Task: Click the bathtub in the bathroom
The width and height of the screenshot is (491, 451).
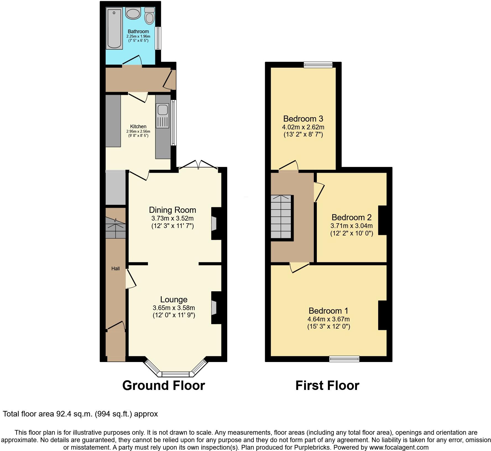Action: [114, 29]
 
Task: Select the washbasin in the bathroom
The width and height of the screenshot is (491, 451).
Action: [134, 13]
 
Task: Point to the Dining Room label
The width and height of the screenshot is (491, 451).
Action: [173, 210]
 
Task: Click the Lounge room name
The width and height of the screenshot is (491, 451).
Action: [174, 300]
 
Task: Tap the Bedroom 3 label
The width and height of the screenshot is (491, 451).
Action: [303, 119]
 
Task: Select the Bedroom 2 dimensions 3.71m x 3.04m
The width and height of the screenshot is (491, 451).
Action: [352, 226]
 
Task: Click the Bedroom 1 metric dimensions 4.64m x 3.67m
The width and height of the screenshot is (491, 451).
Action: [328, 319]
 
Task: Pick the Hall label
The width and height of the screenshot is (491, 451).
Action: [116, 268]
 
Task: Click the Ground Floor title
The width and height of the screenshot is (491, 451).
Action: [164, 386]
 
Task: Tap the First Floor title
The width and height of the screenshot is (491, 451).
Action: [327, 386]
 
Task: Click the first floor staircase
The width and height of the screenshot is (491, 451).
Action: [281, 217]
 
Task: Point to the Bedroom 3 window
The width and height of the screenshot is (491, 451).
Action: [318, 65]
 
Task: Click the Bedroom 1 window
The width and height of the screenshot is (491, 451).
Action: [344, 359]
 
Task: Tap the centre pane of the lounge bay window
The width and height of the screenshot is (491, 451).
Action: [175, 374]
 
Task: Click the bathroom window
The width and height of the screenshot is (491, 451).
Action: [158, 38]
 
